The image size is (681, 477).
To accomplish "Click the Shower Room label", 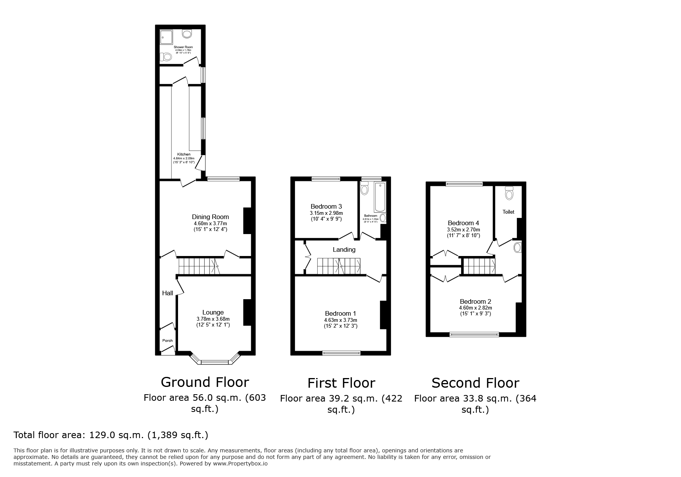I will tap(183, 47).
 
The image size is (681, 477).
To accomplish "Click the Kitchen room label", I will tap(184, 154).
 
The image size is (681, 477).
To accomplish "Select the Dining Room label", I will tap(210, 217).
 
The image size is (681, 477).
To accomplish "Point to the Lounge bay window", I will tap(215, 362).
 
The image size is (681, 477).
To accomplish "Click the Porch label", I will tap(167, 340).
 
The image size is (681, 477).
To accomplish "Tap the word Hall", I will tap(167, 293).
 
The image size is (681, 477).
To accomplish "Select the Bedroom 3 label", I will tap(326, 206).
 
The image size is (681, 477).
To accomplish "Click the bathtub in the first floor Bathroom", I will tap(380, 197).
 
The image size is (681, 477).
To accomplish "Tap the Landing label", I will tap(344, 249).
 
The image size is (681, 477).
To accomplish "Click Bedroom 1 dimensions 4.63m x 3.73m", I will tap(340, 320).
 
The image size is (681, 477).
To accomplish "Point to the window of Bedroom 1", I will tap(341, 352).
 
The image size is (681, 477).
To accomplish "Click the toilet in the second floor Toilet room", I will tap(509, 193).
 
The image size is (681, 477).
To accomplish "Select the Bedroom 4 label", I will tap(463, 223).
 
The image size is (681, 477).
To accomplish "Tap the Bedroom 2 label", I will tap(475, 301).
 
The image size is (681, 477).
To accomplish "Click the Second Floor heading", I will tap(475, 383).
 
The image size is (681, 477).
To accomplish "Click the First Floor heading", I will tap(341, 383).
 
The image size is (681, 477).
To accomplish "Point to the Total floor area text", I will tap(111, 435).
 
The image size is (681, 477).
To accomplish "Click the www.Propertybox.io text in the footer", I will tap(240, 464).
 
